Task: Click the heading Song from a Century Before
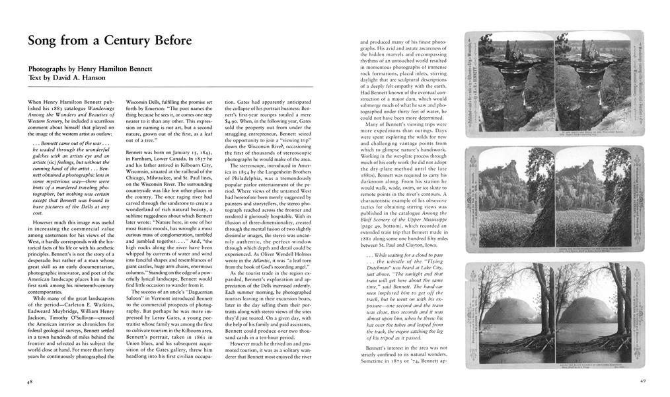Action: [110, 41]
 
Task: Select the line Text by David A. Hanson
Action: [64, 77]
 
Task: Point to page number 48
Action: [30, 382]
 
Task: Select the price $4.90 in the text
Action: [235, 122]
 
